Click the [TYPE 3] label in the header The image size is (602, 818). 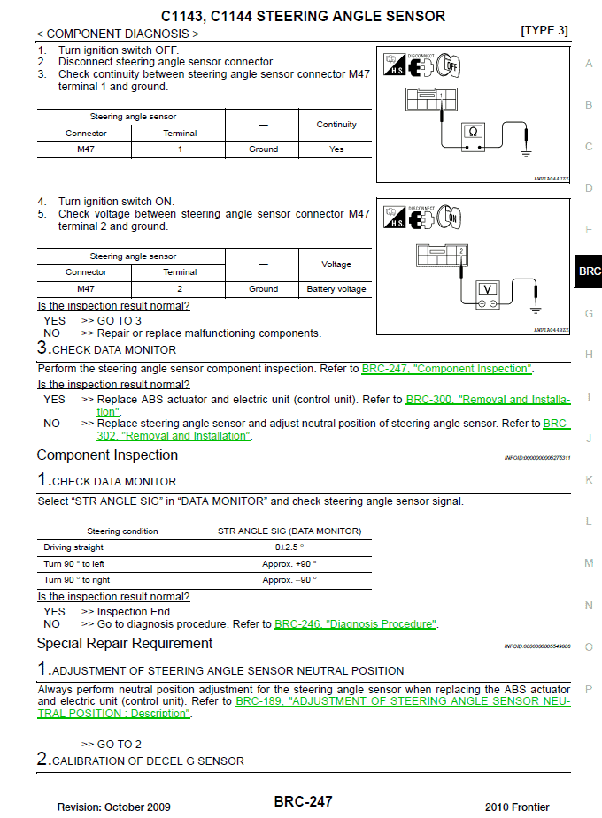[544, 31]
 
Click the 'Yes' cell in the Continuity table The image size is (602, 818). [336, 149]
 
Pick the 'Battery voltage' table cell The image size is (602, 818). [336, 289]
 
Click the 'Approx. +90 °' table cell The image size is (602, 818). [289, 563]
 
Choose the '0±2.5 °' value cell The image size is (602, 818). [289, 547]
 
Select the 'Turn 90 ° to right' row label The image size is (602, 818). [77, 580]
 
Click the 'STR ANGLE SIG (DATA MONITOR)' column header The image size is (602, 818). [289, 531]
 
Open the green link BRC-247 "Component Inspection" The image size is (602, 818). [447, 369]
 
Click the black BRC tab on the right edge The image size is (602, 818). [589, 271]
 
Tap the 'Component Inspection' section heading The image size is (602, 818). [107, 455]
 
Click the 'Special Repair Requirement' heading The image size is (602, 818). [125, 644]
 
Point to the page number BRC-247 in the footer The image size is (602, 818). [303, 801]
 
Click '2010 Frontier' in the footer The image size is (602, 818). [517, 807]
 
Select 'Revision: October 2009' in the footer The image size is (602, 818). [114, 807]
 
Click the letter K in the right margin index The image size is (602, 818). [589, 480]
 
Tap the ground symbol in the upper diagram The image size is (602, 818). [526, 153]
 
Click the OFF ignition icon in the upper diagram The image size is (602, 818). [451, 65]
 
